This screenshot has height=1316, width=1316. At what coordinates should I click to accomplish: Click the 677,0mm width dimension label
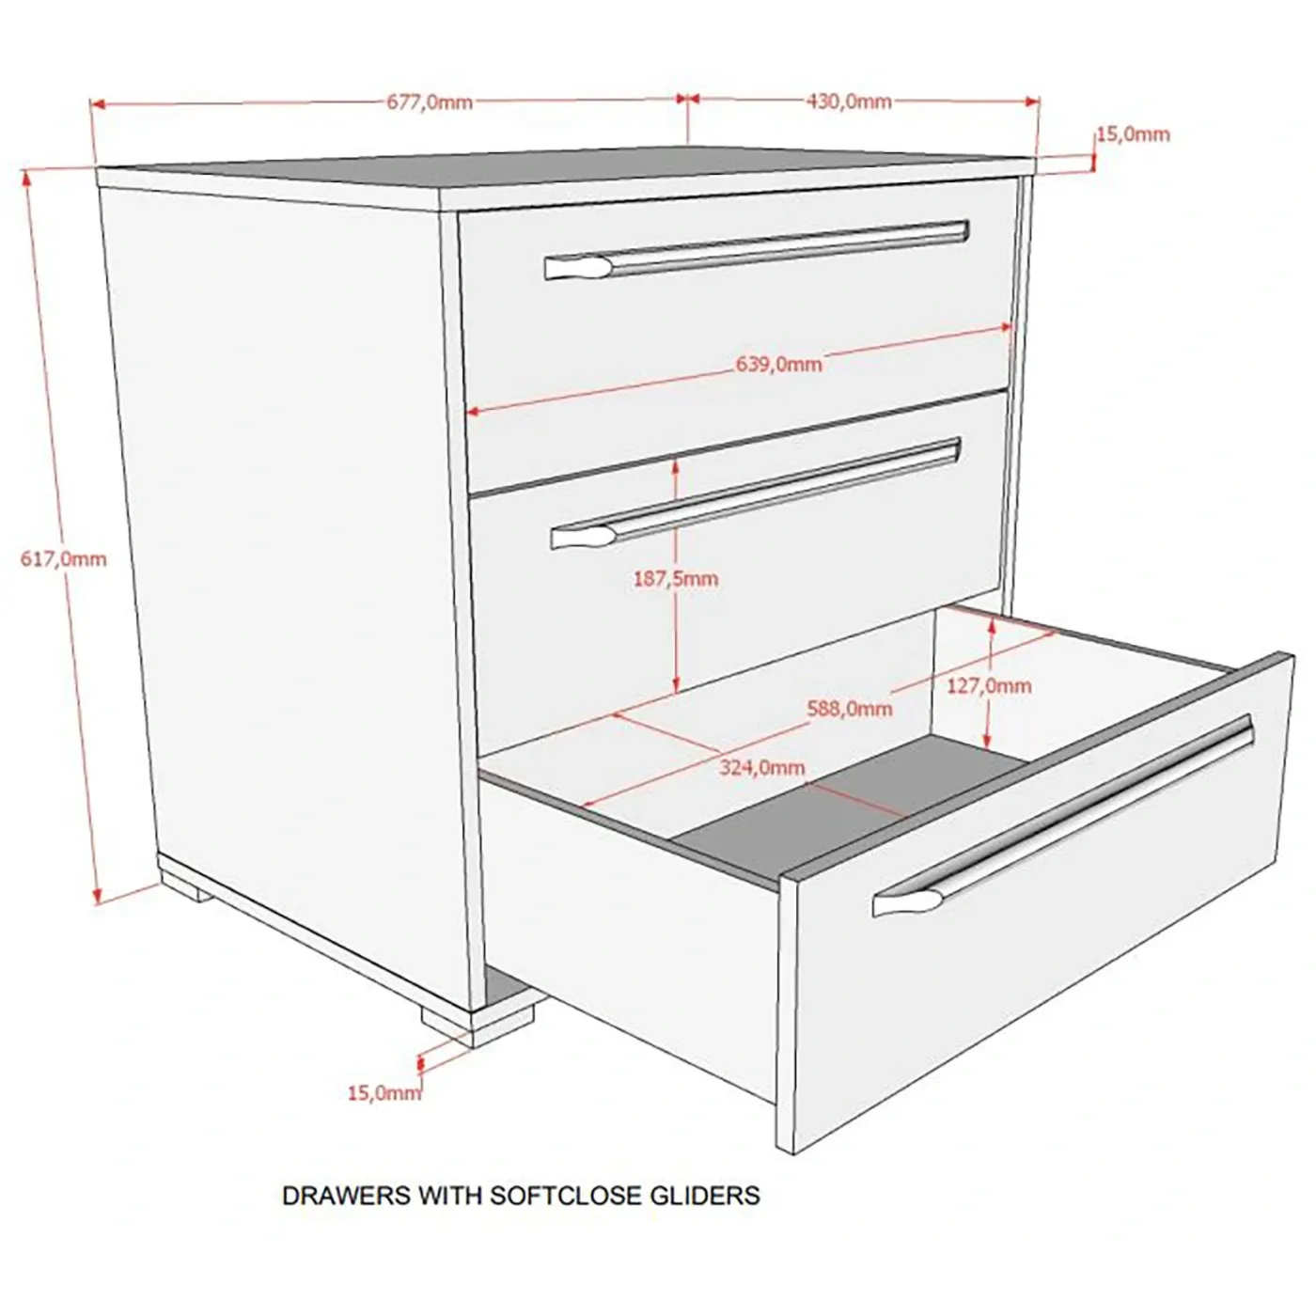point(430,102)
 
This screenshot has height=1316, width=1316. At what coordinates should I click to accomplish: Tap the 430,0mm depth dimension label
point(849,102)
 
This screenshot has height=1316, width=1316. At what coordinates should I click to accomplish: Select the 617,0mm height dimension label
point(64,559)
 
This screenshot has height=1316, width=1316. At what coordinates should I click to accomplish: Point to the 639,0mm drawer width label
point(778,364)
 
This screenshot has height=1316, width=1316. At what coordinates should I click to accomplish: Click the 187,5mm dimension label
point(676,579)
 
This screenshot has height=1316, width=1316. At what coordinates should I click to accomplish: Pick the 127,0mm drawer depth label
point(988,685)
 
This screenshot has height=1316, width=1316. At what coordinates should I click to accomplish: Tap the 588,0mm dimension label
point(850,709)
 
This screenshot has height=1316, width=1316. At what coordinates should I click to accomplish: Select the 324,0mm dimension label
point(762,768)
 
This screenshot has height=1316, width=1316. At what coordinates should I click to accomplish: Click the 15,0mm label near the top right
point(1134,134)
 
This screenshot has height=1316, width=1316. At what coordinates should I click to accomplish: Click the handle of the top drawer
point(757,249)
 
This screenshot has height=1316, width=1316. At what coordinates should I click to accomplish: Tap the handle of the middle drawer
point(756,493)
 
